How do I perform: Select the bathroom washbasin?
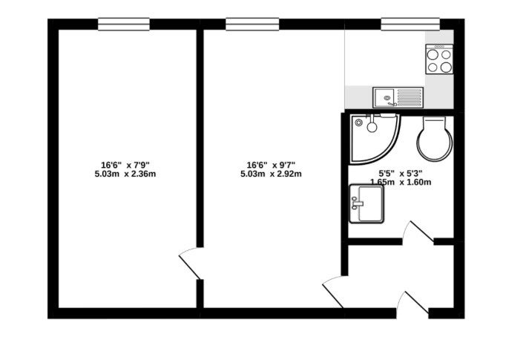367,203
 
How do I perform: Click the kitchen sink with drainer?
398,97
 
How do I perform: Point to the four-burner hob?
439,59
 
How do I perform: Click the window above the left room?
124,24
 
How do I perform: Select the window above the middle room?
252,24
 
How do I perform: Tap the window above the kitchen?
410,24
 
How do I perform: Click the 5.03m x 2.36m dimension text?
125,174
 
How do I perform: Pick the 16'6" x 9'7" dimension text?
271,166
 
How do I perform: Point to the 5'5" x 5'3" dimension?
401,174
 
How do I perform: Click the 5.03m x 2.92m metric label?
271,174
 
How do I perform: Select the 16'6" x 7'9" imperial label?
125,166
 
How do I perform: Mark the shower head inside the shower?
372,126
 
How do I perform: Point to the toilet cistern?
434,122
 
